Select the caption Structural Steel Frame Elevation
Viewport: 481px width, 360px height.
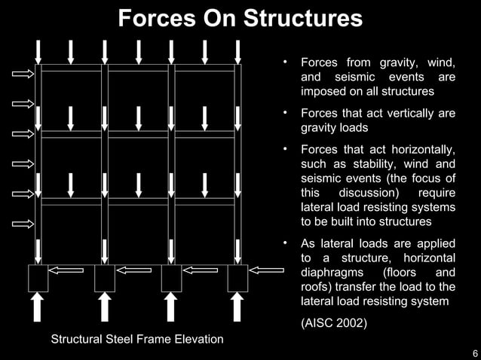tap(136, 339)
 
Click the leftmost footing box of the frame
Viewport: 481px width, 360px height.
tap(38, 278)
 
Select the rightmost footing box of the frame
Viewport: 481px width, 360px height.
tap(237, 278)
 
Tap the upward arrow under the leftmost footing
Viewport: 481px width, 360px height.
tap(38, 307)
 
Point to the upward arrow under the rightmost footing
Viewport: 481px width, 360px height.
tap(237, 307)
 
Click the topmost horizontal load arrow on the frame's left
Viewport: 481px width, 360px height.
tap(23, 73)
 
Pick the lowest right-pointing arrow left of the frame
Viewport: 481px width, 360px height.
tap(23, 224)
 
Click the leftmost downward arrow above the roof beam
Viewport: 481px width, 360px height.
tap(38, 51)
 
